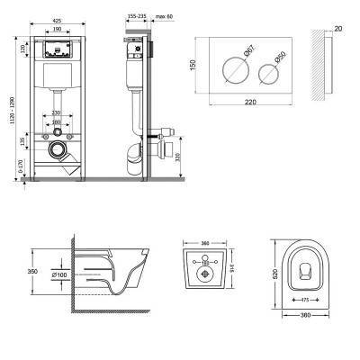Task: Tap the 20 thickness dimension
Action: click(x=337, y=28)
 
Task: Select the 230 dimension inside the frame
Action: click(x=57, y=112)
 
